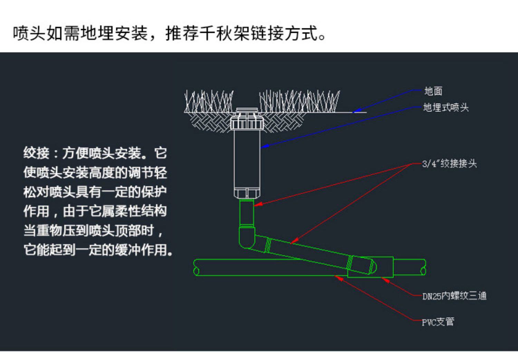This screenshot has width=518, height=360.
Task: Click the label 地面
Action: click(433, 91)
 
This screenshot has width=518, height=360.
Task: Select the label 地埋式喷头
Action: click(446, 107)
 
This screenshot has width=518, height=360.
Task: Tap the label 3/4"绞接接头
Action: click(449, 163)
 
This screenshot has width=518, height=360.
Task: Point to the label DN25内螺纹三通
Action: click(454, 296)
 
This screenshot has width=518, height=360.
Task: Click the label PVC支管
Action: click(438, 322)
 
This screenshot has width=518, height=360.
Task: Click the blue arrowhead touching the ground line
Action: click(357, 111)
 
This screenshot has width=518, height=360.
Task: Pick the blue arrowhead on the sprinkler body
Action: click(264, 147)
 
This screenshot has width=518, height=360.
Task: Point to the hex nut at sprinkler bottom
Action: click(247, 193)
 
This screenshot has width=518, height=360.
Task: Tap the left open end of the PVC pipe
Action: click(196, 267)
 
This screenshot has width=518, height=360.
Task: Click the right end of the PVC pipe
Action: click(423, 267)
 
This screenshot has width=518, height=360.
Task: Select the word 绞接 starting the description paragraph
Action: click(36, 153)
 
